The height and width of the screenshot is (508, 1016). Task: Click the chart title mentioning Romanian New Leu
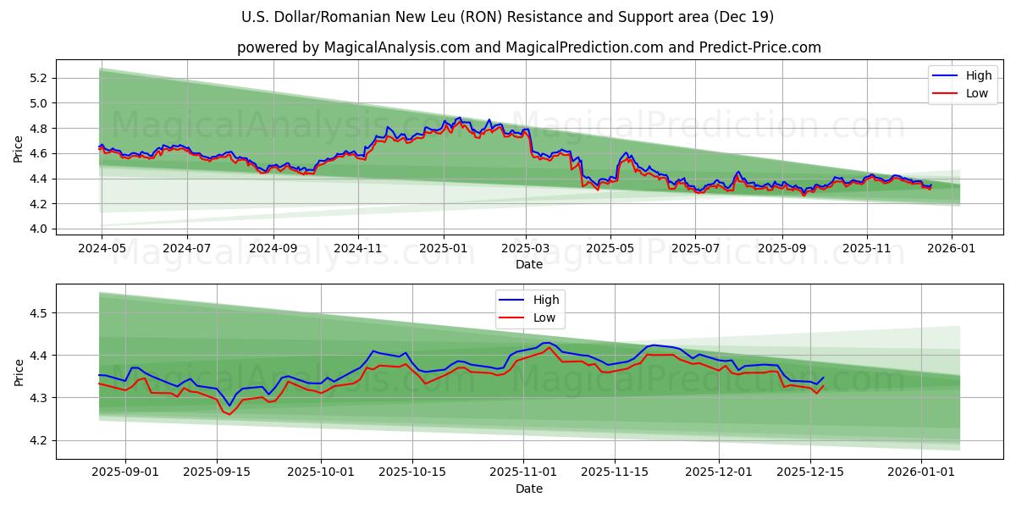[507, 17]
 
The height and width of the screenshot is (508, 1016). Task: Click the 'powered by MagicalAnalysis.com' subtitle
[528, 47]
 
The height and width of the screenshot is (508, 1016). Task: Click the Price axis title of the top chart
[19, 149]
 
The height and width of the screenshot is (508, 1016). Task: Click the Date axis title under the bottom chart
[528, 489]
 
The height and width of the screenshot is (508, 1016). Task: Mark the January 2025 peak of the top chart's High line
[459, 118]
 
